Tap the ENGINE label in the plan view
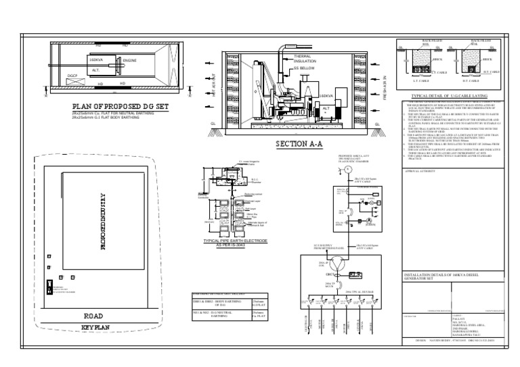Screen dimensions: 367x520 (131, 61)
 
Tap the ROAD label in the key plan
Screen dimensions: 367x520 (93, 316)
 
